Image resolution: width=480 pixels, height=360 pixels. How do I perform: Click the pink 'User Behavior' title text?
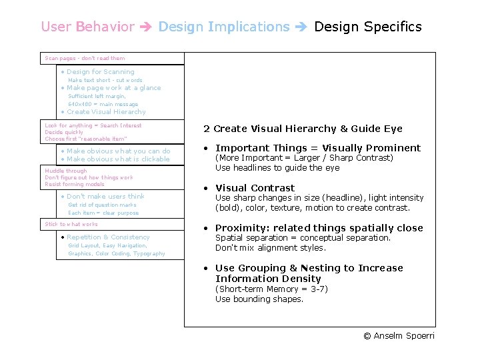click(87, 27)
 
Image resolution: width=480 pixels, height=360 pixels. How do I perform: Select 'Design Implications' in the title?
click(224, 27)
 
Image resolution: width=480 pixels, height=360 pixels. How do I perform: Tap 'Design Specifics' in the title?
click(367, 27)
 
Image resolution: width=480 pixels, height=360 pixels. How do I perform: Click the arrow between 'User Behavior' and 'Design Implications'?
click(146, 27)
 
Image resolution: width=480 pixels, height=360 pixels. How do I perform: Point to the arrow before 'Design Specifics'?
click(301, 27)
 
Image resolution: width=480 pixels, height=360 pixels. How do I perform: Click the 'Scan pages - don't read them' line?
click(85, 59)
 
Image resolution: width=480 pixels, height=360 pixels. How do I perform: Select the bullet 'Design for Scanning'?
click(100, 72)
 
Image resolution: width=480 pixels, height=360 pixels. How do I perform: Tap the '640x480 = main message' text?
click(103, 104)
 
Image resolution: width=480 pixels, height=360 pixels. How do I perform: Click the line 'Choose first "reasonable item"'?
click(86, 139)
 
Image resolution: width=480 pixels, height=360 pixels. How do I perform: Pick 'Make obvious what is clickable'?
click(118, 159)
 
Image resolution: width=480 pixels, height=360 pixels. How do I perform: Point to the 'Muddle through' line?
click(66, 171)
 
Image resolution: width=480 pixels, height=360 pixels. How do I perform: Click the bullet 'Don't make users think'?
click(105, 197)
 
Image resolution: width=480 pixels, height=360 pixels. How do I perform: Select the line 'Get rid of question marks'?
click(102, 205)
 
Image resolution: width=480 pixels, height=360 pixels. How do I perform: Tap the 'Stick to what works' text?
click(71, 225)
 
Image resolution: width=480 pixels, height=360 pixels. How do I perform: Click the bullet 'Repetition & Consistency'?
click(107, 237)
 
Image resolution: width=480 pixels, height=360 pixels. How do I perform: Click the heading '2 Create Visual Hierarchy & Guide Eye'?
click(303, 129)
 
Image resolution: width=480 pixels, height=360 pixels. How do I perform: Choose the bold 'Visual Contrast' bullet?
click(255, 188)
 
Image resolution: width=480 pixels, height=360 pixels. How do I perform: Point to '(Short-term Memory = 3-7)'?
click(271, 289)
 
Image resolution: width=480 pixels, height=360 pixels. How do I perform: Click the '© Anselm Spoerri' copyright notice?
click(399, 336)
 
